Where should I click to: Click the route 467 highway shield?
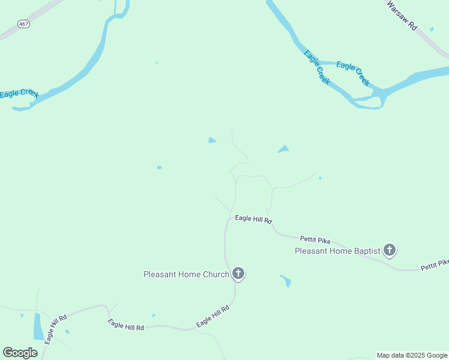pyautogui.click(x=23, y=24)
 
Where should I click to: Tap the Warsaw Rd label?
pyautogui.click(x=402, y=16)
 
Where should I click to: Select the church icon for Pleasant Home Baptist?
pyautogui.click(x=390, y=250)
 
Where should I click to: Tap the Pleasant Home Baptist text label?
pyautogui.click(x=337, y=251)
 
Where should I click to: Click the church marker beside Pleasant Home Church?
pyautogui.click(x=238, y=274)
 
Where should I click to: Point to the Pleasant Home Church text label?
pyautogui.click(x=186, y=275)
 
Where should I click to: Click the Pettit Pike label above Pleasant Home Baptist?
pyautogui.click(x=316, y=240)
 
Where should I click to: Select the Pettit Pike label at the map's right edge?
pyautogui.click(x=435, y=264)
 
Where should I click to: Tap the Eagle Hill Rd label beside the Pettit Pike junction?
pyautogui.click(x=253, y=219)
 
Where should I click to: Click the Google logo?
pyautogui.click(x=20, y=353)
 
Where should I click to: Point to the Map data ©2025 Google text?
pyautogui.click(x=412, y=355)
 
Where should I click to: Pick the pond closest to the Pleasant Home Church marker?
pyautogui.click(x=286, y=280)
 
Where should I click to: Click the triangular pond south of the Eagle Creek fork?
pyautogui.click(x=283, y=149)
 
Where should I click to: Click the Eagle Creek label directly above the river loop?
pyautogui.click(x=353, y=73)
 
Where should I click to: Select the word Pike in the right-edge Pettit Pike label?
pyautogui.click(x=443, y=263)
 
